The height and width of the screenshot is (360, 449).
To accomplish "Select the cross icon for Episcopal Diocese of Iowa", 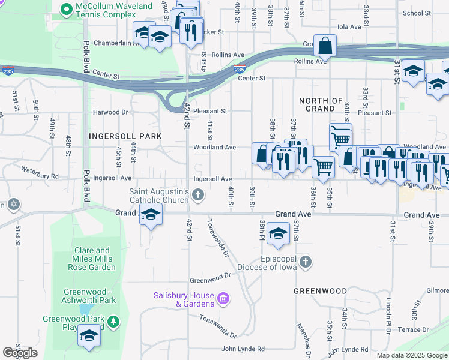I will click(x=306, y=262).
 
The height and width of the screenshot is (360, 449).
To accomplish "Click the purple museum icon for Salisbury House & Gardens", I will click(x=223, y=298).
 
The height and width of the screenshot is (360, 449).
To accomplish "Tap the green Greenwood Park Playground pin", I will click(x=113, y=323).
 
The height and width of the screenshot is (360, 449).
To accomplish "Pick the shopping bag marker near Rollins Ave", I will click(x=324, y=46).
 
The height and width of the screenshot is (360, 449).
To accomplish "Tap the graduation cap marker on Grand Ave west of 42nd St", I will click(x=151, y=215).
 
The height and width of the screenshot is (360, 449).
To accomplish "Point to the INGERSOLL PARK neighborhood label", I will click(x=125, y=136).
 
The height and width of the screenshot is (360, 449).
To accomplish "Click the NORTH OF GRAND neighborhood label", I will click(x=320, y=105).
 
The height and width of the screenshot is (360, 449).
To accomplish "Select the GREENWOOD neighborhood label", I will click(x=320, y=291).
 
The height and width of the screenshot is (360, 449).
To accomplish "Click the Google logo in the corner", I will click(x=20, y=353).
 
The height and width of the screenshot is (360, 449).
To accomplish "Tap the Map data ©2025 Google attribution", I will click(x=412, y=355).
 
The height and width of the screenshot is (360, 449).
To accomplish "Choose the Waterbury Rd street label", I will click(x=39, y=176).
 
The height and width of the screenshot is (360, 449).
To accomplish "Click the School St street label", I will click(x=417, y=13).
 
